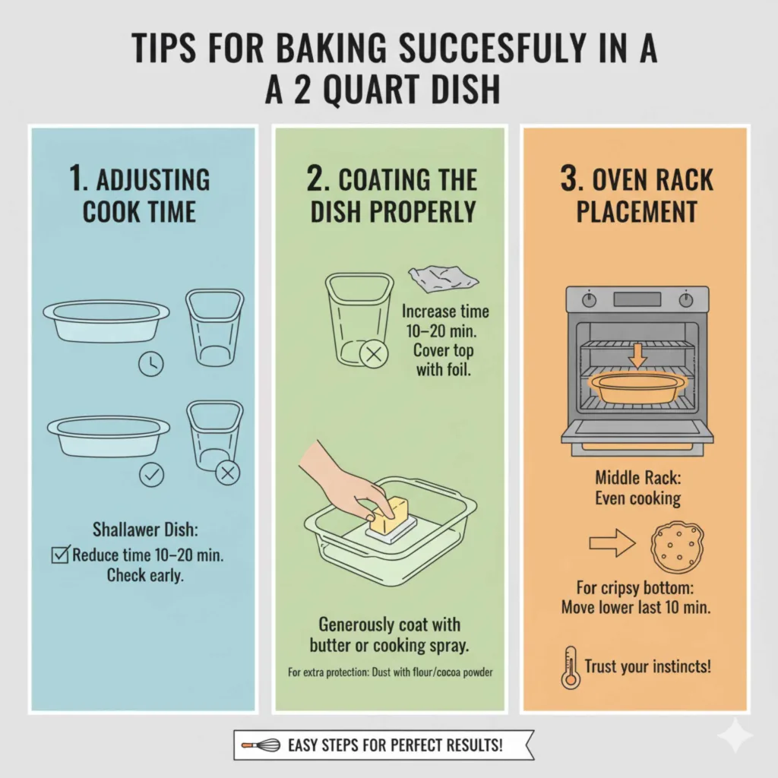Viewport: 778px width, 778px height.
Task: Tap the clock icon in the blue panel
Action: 150,364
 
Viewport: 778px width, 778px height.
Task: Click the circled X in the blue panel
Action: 227,474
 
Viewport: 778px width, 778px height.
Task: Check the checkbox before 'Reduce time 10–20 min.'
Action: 60,555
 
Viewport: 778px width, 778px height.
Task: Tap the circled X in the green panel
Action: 372,354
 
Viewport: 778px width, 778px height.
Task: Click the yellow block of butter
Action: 391,516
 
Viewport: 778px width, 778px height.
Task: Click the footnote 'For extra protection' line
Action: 389,672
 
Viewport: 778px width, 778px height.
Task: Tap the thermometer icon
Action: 570,667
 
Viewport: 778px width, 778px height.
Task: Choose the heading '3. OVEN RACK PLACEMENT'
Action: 637,196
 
